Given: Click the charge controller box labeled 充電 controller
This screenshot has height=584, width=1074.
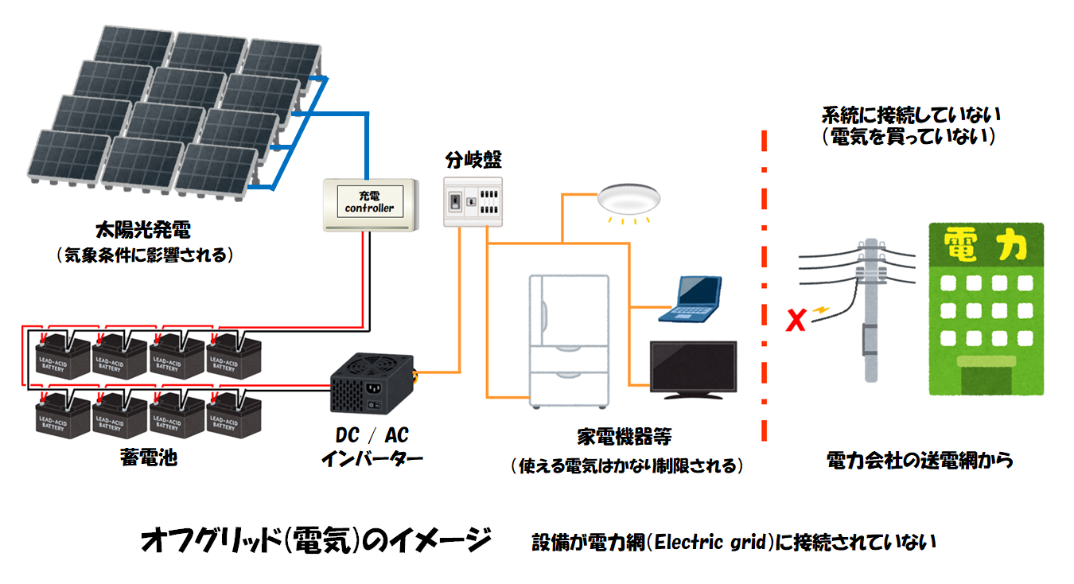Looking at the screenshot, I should [x=370, y=204].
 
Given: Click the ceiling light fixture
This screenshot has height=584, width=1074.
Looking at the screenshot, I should [x=629, y=200].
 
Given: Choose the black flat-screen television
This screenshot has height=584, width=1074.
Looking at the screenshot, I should [x=693, y=369].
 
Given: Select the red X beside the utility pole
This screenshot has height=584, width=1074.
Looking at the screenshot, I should [x=794, y=321].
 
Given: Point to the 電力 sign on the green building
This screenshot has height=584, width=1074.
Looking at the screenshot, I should [x=986, y=246].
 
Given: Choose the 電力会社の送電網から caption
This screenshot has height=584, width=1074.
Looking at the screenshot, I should [x=920, y=460].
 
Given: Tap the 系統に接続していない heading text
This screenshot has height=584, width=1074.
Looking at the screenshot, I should [x=911, y=115].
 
